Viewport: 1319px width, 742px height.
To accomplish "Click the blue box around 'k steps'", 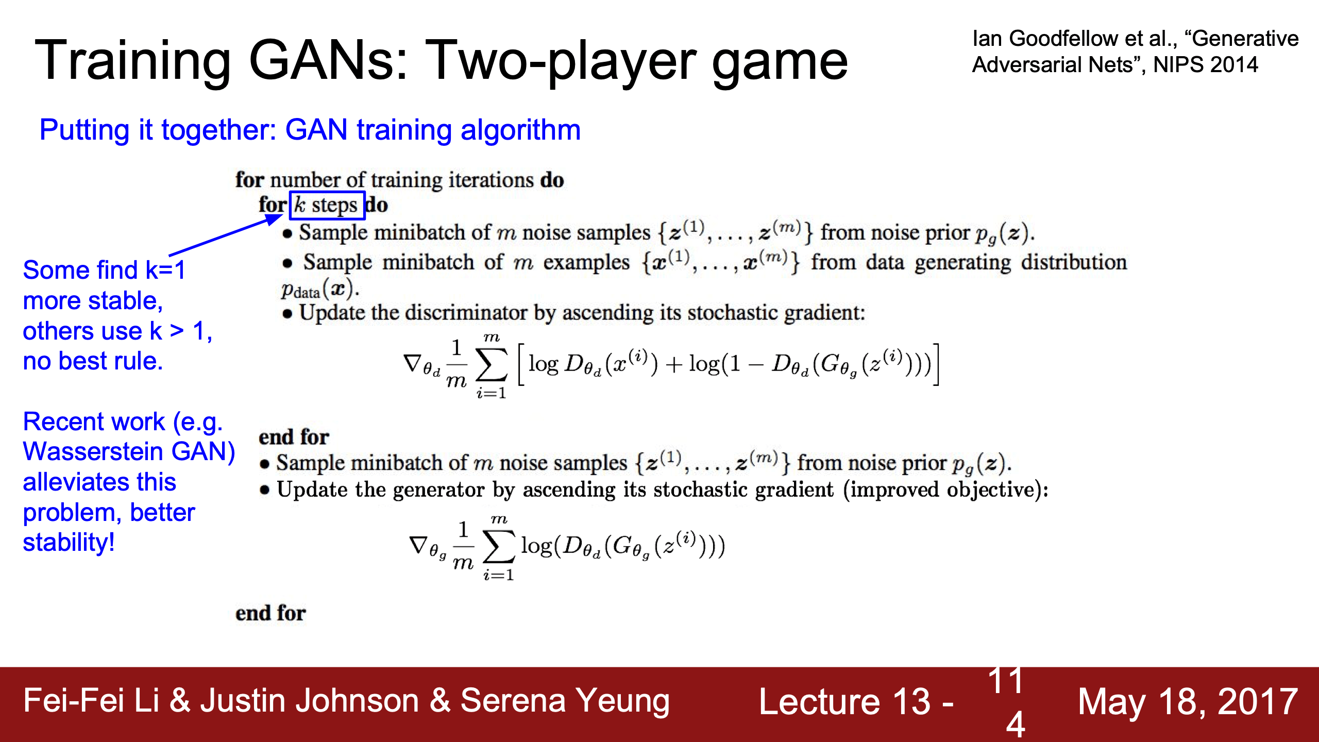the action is coord(327,192).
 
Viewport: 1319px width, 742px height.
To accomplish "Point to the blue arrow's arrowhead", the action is coord(273,219).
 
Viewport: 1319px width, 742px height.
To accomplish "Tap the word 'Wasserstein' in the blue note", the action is coord(93,452).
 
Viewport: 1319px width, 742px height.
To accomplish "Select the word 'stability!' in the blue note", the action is coord(69,543).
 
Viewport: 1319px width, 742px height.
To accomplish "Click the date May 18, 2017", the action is coord(1188,702).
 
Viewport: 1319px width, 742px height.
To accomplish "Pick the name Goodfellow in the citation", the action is coord(1063,39).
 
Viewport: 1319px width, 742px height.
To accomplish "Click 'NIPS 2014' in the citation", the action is coord(1206,65).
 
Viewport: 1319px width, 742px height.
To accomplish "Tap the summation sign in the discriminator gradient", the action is coord(491,364).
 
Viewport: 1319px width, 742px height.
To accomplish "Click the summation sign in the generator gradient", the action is coord(499,546).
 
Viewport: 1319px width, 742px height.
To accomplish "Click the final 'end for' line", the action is coord(270,613).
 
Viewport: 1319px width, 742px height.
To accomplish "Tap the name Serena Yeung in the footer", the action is coord(565,701).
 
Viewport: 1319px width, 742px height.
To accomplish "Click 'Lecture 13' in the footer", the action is coord(845,702).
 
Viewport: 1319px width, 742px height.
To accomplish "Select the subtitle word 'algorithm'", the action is coord(520,130).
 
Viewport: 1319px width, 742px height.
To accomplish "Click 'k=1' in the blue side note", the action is coord(165,270).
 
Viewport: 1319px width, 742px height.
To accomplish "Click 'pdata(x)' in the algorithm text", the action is coord(319,290).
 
